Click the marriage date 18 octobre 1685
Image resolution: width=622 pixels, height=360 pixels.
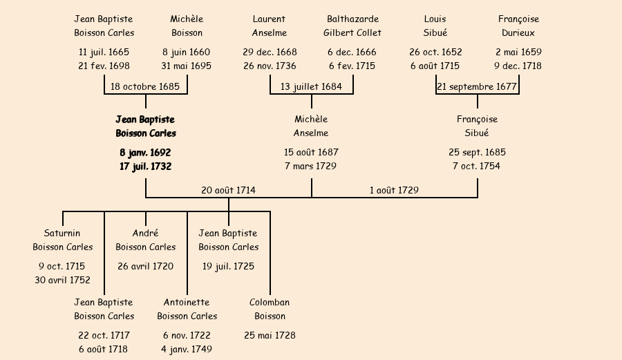tap(145, 87)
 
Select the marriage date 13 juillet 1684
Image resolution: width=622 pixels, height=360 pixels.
tap(311, 87)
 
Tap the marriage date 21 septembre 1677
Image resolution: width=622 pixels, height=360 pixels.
tap(477, 87)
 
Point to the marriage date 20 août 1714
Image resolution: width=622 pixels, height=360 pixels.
tap(228, 190)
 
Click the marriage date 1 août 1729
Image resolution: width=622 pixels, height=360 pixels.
tap(394, 190)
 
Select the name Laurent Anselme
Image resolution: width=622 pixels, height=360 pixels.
tap(270, 26)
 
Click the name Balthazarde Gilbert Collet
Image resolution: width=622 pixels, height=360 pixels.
tap(352, 26)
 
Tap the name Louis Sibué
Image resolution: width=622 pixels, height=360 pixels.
tap(435, 26)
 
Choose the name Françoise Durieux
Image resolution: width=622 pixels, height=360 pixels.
tap(518, 26)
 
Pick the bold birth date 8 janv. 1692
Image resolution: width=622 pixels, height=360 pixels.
tap(145, 152)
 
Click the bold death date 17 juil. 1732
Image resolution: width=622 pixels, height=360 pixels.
tap(145, 167)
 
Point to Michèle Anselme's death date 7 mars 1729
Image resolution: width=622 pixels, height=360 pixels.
tap(311, 167)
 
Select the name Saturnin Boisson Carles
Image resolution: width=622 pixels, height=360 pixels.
tap(62, 240)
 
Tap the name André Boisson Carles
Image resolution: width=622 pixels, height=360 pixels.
tap(145, 240)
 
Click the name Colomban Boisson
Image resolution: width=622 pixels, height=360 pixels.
tap(270, 309)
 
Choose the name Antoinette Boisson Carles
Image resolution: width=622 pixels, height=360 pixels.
tap(187, 309)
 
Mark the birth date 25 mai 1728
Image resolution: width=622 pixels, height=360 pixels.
tap(270, 335)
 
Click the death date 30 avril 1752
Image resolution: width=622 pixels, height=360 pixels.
tap(62, 280)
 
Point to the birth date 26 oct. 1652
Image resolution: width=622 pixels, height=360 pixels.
tap(435, 52)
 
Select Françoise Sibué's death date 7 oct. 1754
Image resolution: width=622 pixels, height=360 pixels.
tap(477, 167)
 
